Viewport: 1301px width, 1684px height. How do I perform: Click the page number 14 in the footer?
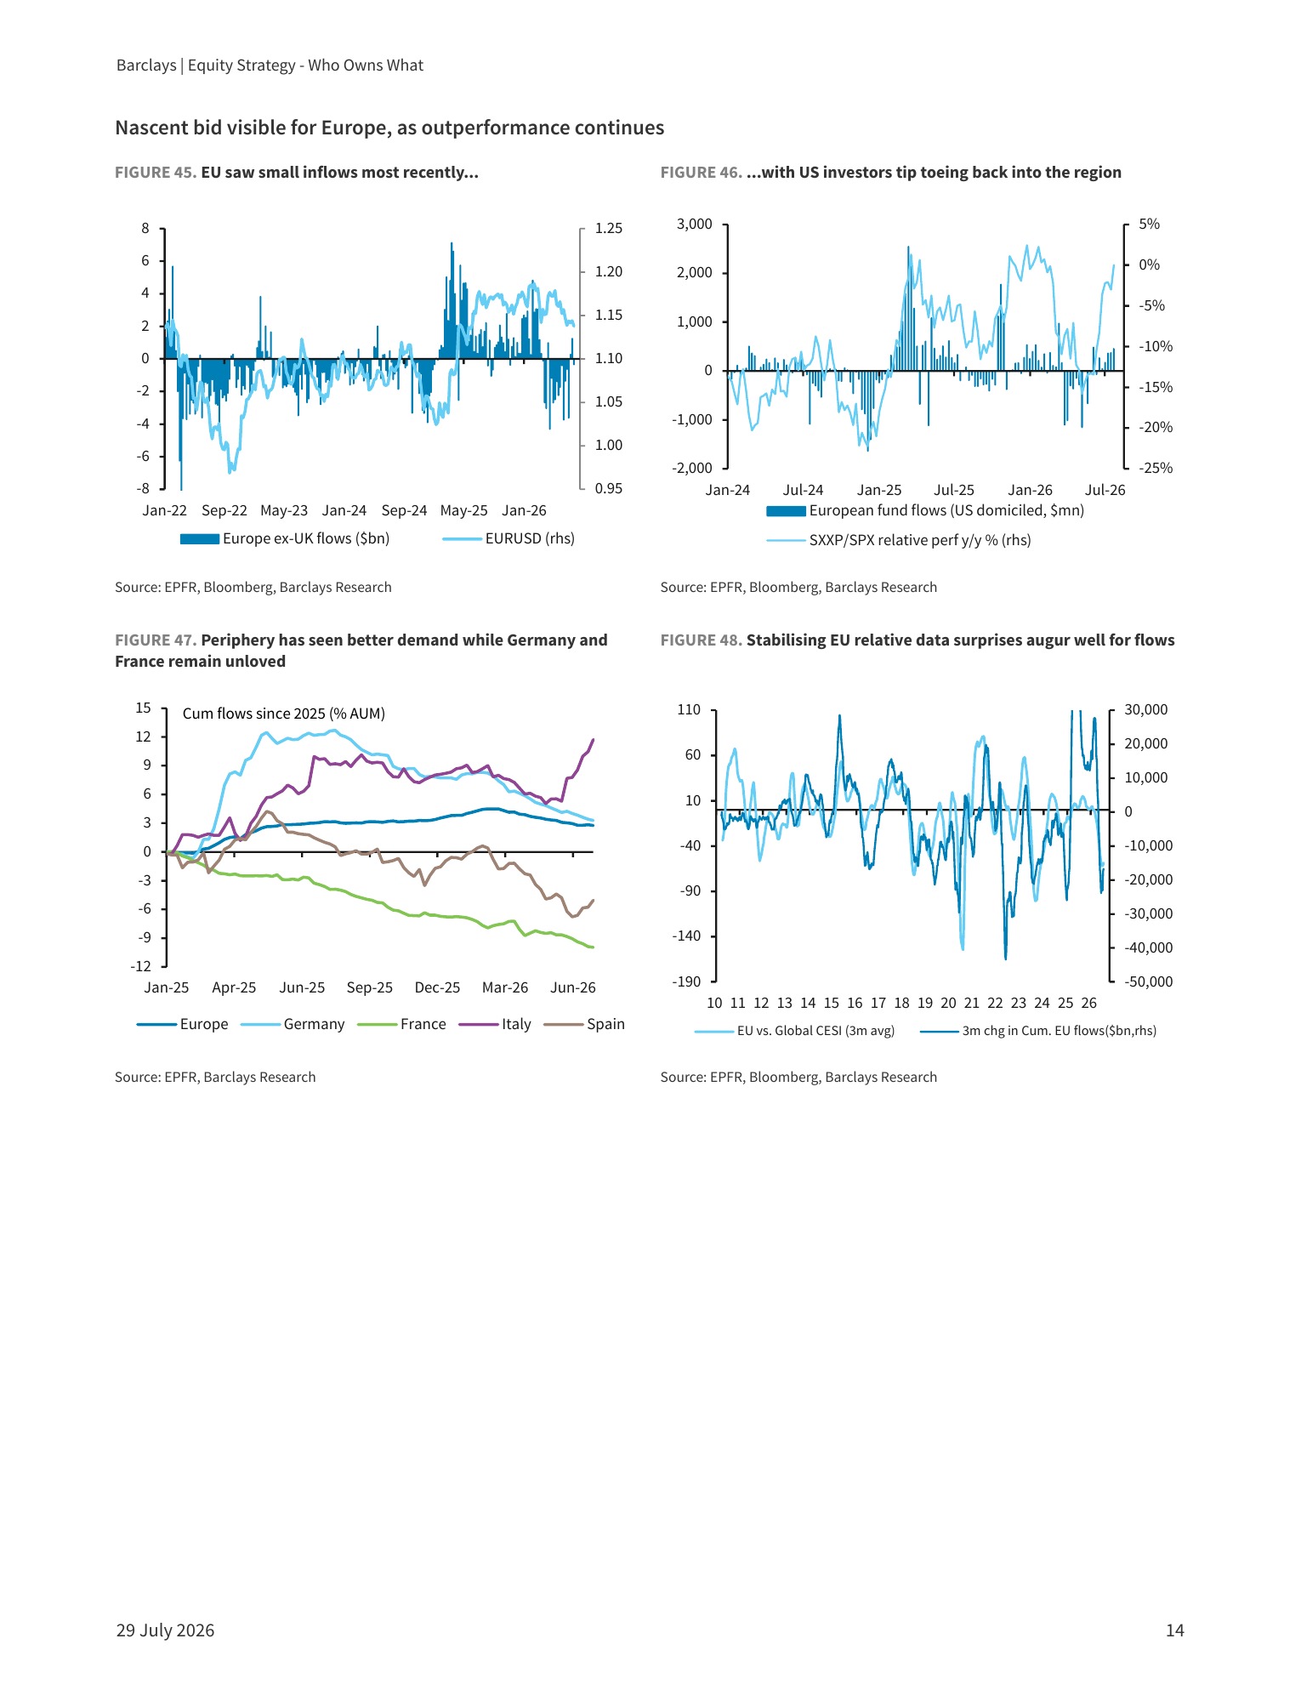[1174, 1630]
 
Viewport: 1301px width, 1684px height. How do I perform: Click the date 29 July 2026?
[165, 1630]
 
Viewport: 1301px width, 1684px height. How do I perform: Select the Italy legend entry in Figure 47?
[495, 1024]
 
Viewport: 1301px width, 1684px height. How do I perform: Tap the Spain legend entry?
[584, 1024]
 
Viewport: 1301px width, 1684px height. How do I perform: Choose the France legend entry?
[402, 1024]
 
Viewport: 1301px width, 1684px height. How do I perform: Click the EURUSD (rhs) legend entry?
[508, 538]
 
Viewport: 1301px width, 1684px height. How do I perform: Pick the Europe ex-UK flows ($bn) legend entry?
[285, 538]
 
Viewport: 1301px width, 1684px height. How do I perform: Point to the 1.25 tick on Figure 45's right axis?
[609, 228]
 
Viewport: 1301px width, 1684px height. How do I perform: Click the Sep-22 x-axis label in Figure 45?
[224, 510]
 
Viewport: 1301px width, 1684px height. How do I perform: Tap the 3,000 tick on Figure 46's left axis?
[695, 224]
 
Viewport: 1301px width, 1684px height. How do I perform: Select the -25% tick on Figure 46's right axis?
[1156, 468]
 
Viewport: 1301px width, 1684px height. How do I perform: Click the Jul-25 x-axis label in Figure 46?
[954, 490]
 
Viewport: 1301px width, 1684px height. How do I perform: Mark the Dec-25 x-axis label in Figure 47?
[437, 987]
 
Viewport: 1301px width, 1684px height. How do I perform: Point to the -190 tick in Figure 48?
[686, 981]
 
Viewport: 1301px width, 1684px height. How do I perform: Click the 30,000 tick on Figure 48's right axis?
[1146, 709]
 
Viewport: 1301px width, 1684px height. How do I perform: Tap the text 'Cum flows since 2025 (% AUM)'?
[284, 714]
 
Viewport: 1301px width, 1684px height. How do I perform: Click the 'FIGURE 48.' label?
[702, 640]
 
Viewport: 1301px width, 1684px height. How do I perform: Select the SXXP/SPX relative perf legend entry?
[899, 540]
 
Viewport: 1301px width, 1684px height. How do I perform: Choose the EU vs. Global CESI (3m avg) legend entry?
[795, 1031]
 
